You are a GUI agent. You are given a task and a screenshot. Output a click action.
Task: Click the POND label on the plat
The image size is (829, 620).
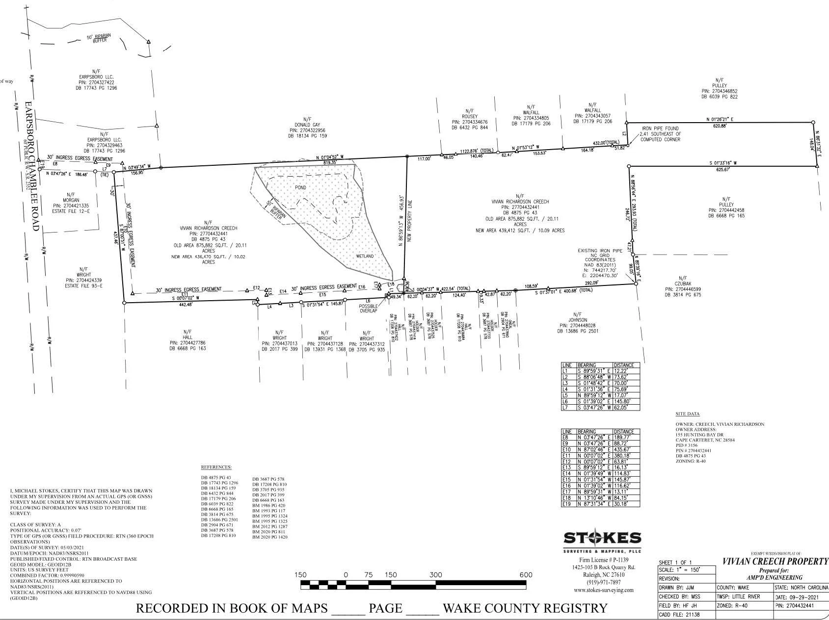300,188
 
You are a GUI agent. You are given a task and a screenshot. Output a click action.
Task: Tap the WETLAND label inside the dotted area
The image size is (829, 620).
365,257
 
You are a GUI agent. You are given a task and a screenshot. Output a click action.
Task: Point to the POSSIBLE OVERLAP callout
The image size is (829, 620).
368,308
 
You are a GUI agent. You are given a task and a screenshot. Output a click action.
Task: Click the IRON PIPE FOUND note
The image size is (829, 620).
660,134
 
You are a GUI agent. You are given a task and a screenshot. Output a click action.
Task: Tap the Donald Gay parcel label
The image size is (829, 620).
307,128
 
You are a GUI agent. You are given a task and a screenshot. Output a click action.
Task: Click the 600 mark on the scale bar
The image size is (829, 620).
526,575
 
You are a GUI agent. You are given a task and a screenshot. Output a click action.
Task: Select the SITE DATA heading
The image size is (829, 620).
687,414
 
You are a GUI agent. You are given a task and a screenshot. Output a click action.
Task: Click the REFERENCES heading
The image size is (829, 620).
216,467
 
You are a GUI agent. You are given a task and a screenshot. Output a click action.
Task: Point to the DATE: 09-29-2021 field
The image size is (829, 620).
800,597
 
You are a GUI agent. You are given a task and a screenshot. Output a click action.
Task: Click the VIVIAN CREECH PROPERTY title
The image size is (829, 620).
774,561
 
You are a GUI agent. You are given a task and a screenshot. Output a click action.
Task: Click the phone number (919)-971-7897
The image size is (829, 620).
602,582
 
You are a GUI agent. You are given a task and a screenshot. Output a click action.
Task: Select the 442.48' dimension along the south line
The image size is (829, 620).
186,305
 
